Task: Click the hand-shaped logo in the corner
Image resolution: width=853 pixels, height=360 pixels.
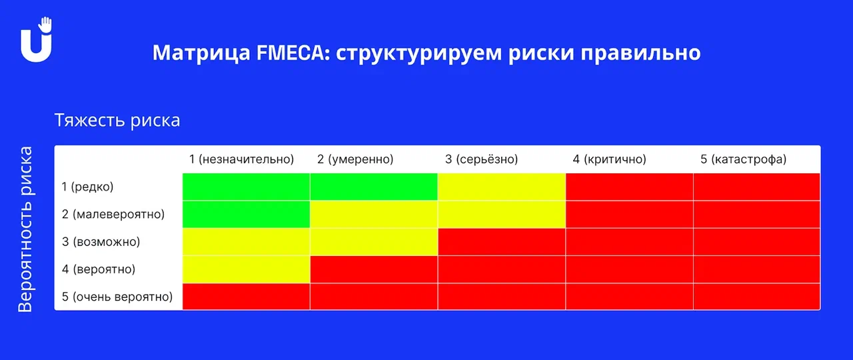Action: [36, 39]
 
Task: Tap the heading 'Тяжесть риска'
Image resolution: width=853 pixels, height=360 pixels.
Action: [117, 121]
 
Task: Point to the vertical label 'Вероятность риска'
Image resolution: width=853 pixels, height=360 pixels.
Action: [26, 229]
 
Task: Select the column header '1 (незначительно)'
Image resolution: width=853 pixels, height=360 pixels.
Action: [242, 159]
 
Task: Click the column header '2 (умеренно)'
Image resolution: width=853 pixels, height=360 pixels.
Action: [355, 159]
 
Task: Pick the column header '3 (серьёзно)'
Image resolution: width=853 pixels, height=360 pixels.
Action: [482, 159]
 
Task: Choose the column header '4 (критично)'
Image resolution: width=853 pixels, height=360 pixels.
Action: [610, 159]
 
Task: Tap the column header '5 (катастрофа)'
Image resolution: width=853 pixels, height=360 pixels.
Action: [743, 159]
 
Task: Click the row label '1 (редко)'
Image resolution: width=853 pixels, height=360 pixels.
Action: [87, 187]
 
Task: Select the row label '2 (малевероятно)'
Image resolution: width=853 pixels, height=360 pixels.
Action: [113, 214]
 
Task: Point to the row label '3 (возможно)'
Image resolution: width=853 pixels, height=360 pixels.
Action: [101, 241]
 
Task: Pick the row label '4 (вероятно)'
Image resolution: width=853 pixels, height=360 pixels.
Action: [99, 269]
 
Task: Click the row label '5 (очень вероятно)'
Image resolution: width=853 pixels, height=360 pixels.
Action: [117, 297]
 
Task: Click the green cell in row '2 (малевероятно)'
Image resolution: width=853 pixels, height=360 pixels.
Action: [247, 215]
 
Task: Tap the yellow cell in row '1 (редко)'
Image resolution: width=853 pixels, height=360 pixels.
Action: [502, 187]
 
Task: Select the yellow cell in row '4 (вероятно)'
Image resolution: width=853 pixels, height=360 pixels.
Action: [247, 269]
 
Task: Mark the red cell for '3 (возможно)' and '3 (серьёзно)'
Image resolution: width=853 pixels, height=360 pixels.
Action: [502, 242]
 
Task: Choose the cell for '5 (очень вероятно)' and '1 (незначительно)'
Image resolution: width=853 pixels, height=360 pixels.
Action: [247, 297]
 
